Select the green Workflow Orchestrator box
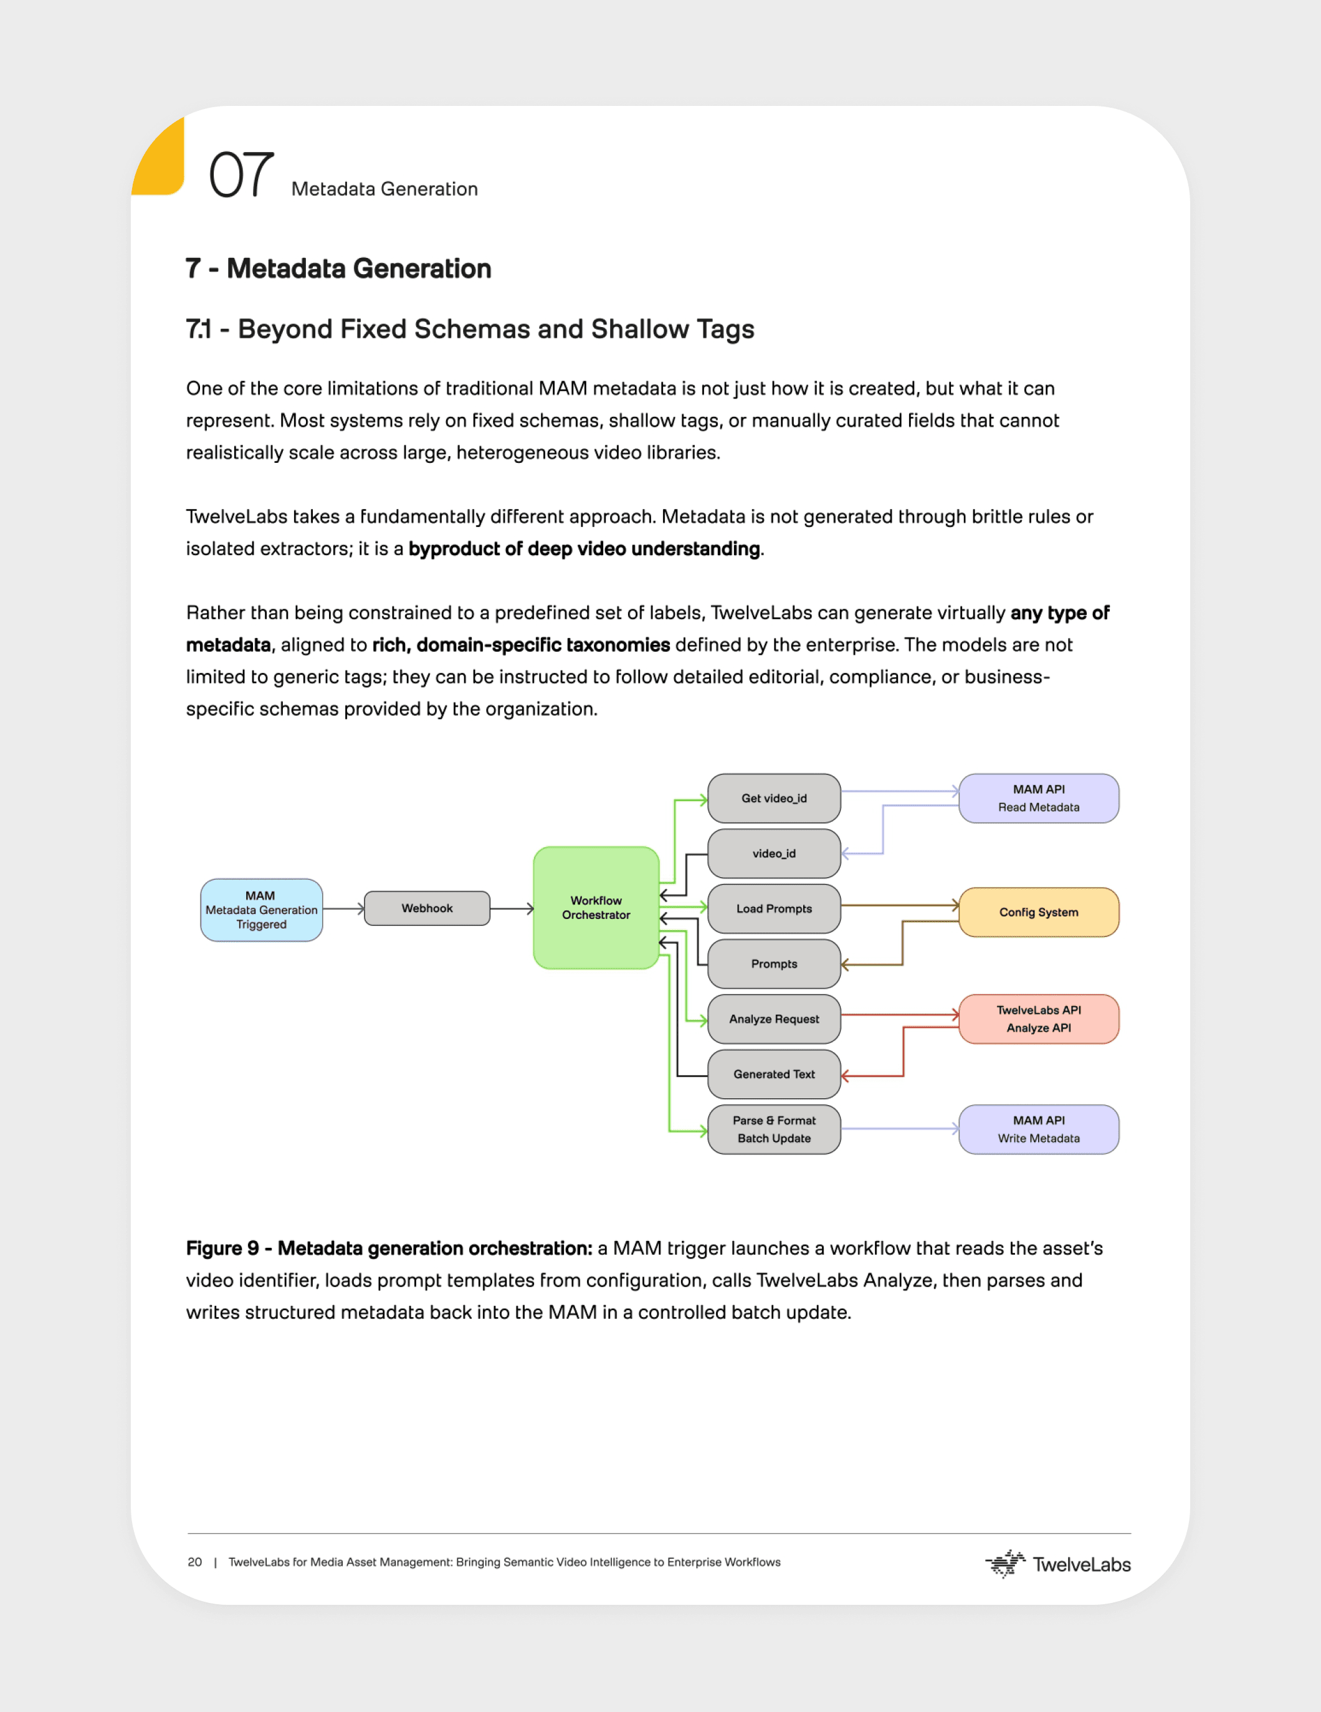pos(596,908)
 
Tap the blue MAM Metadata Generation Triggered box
pos(261,910)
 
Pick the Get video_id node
pos(774,798)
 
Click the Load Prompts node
pos(774,908)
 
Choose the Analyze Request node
pos(774,1019)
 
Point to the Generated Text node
pos(774,1074)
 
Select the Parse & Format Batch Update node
pos(774,1129)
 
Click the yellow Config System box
pos(1038,913)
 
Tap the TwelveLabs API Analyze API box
pos(1038,1019)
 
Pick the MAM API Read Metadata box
pos(1038,798)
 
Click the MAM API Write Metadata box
pos(1038,1129)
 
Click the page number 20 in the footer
pos(194,1562)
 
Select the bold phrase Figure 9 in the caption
pos(222,1248)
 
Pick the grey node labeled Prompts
pos(774,964)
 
